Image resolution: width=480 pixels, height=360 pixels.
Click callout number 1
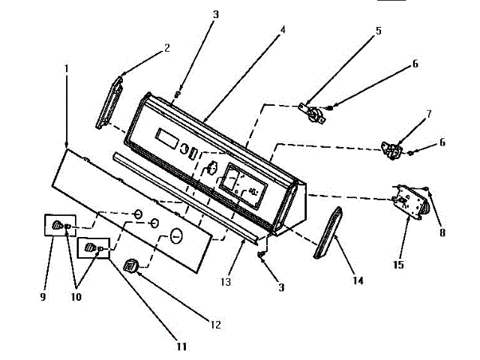click(67, 67)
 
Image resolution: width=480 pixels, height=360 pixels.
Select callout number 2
click(166, 48)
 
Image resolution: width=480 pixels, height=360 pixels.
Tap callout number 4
click(282, 31)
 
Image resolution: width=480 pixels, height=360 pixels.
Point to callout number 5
click(379, 31)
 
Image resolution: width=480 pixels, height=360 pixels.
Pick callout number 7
click(428, 114)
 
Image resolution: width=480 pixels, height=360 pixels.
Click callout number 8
click(442, 232)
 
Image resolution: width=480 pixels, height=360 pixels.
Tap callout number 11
click(181, 346)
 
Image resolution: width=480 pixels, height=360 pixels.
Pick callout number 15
click(398, 264)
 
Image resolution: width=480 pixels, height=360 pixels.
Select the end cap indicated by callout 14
click(328, 233)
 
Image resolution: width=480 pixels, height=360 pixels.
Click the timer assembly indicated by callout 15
click(412, 202)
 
